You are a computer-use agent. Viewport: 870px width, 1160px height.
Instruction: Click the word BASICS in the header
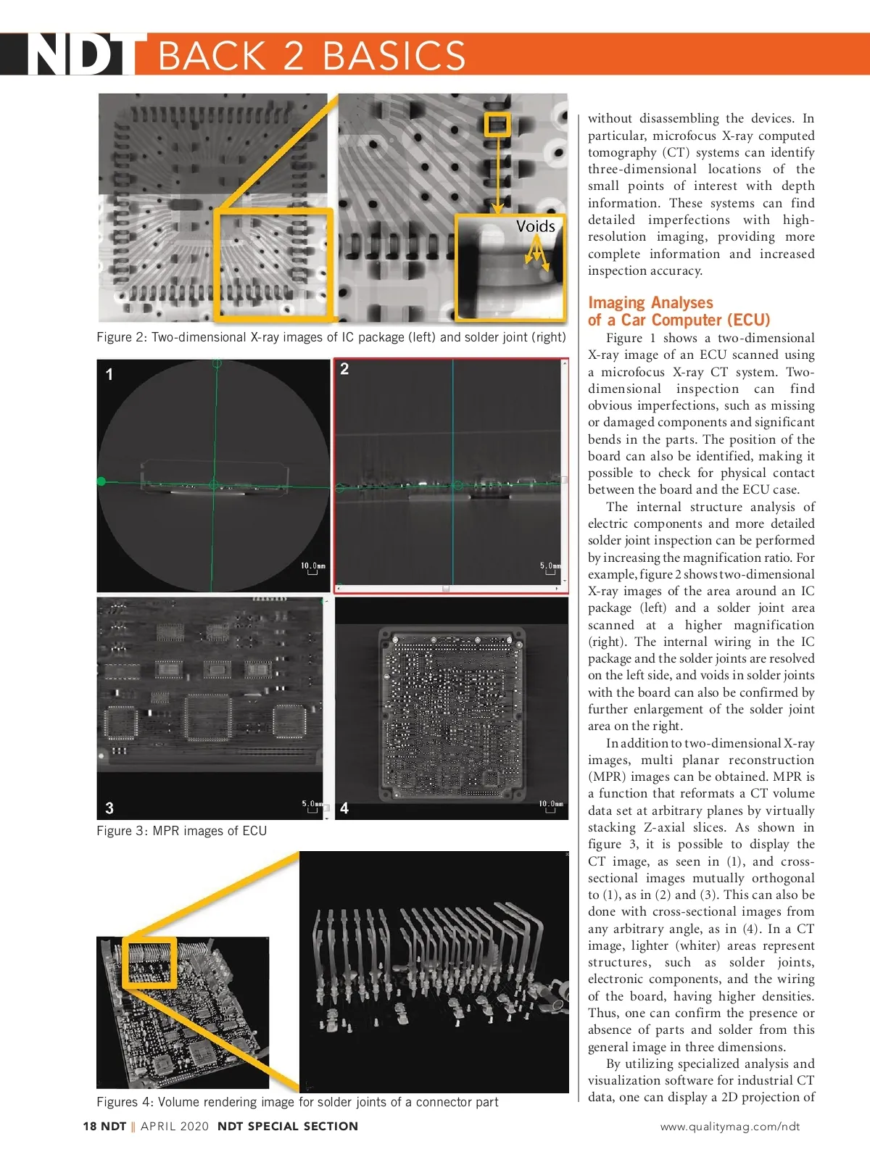tap(394, 56)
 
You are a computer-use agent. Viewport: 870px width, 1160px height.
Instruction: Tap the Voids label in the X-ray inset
tap(535, 226)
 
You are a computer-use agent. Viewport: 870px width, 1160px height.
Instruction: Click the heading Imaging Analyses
tap(650, 302)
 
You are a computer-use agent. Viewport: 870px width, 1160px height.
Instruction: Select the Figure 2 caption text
tap(331, 337)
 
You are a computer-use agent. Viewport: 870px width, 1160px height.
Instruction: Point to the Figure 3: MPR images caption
tap(181, 831)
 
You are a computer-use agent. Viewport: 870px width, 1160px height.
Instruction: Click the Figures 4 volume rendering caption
tap(297, 1102)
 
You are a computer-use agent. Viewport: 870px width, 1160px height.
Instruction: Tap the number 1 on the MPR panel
tap(109, 374)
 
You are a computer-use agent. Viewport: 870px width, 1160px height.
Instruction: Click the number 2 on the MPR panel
tap(344, 369)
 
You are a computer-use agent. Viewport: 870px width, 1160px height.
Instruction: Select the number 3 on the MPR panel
tap(109, 808)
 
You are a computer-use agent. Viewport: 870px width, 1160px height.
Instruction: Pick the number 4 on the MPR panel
tap(344, 808)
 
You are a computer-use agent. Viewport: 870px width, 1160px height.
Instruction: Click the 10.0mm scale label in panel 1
tap(313, 565)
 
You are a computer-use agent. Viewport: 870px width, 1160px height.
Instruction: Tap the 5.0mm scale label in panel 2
tap(550, 565)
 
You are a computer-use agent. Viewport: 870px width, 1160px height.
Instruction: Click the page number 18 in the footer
tap(90, 1126)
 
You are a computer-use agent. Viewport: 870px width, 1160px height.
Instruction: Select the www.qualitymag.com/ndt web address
tap(729, 1126)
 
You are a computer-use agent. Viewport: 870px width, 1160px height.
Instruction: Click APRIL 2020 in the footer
tap(174, 1126)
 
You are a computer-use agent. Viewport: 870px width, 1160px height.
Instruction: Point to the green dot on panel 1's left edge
tap(101, 481)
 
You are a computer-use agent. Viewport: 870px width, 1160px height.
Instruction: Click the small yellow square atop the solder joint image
tap(497, 124)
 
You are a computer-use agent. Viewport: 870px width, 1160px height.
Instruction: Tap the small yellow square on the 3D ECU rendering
tap(149, 962)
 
